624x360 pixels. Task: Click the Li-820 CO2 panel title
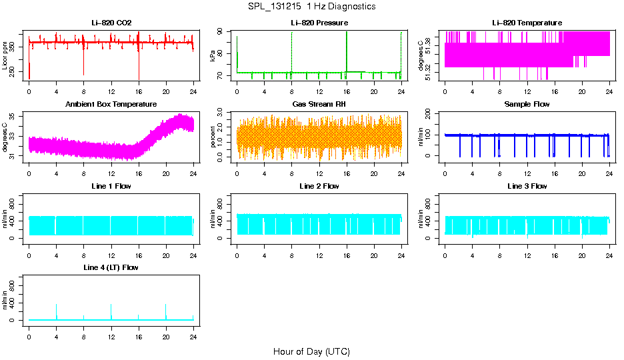(111, 23)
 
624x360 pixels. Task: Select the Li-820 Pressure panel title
(319, 23)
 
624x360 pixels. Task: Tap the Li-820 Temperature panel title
(527, 23)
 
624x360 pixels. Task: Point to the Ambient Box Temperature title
(111, 104)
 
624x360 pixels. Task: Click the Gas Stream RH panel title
(319, 104)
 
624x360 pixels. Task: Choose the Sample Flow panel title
(527, 104)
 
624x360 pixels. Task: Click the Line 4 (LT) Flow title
(111, 267)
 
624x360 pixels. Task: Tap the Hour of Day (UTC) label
(311, 351)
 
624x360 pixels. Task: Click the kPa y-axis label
(213, 56)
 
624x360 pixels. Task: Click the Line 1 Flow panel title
(111, 186)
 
